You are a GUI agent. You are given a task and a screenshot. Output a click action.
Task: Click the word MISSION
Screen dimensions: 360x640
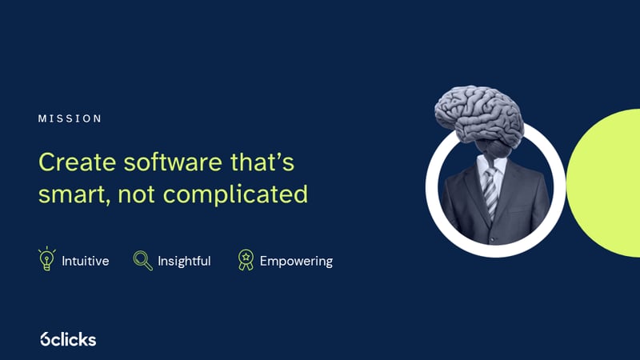click(70, 118)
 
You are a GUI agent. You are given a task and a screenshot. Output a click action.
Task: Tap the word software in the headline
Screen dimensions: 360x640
click(171, 162)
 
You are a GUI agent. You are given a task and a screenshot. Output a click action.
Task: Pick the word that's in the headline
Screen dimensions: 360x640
click(263, 162)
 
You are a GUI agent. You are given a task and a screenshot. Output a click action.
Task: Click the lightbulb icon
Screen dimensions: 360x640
click(47, 259)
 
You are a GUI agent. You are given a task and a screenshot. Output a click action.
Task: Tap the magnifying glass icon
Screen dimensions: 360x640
click(142, 260)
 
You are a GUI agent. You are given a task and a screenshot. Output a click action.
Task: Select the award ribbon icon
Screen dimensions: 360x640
click(245, 260)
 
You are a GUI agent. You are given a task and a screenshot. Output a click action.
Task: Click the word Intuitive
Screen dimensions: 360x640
click(85, 261)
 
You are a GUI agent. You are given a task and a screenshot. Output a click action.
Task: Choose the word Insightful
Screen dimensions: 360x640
click(184, 261)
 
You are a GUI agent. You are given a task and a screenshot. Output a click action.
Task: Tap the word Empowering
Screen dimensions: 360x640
click(296, 261)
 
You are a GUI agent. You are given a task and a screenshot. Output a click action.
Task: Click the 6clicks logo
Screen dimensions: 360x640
click(68, 339)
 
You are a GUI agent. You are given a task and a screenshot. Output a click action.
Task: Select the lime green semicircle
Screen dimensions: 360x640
click(608, 184)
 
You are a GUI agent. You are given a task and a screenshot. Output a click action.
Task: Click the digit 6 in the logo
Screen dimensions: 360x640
click(46, 339)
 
